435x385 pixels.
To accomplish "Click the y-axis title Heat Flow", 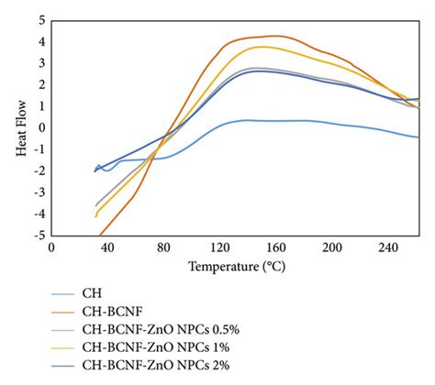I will click(x=20, y=126).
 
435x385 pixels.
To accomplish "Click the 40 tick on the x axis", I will click(x=106, y=247).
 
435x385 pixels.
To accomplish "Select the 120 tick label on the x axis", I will click(x=219, y=247).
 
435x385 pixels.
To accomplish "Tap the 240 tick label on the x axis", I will click(x=387, y=247).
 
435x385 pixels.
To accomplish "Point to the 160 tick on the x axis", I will click(x=275, y=247).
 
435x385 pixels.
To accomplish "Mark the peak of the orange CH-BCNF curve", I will click(x=273, y=36).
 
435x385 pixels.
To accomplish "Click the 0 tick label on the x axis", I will click(x=51, y=247).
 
